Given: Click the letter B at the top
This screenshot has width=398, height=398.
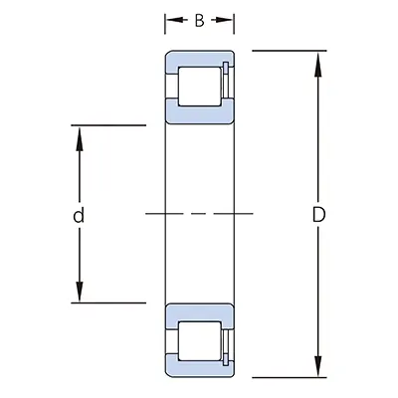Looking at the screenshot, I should click(x=199, y=19).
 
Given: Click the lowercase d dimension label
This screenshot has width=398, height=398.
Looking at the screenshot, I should click(x=78, y=214).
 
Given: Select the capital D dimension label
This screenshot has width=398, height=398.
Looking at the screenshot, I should click(x=318, y=214).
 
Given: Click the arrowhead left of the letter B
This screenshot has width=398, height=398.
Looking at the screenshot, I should click(x=171, y=19).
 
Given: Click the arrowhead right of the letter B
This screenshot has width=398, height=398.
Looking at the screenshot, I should click(x=228, y=19).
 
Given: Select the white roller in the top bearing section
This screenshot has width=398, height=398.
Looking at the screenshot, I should click(x=199, y=87).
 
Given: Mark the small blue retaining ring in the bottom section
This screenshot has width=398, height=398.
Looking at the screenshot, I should click(x=228, y=340).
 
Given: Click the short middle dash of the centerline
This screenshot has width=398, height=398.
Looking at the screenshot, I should click(x=199, y=214).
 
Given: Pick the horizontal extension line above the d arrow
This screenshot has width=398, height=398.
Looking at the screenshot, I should click(x=109, y=125).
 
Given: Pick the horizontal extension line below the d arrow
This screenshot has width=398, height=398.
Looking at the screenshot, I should click(x=109, y=301).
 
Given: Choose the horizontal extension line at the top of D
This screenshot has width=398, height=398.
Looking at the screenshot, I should click(x=289, y=50).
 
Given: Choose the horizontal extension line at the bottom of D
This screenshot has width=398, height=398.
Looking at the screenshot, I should click(x=289, y=377).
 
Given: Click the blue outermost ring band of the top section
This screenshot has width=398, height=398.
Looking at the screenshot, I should click(x=199, y=56).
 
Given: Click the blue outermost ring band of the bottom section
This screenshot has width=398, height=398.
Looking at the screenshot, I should click(x=199, y=371).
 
